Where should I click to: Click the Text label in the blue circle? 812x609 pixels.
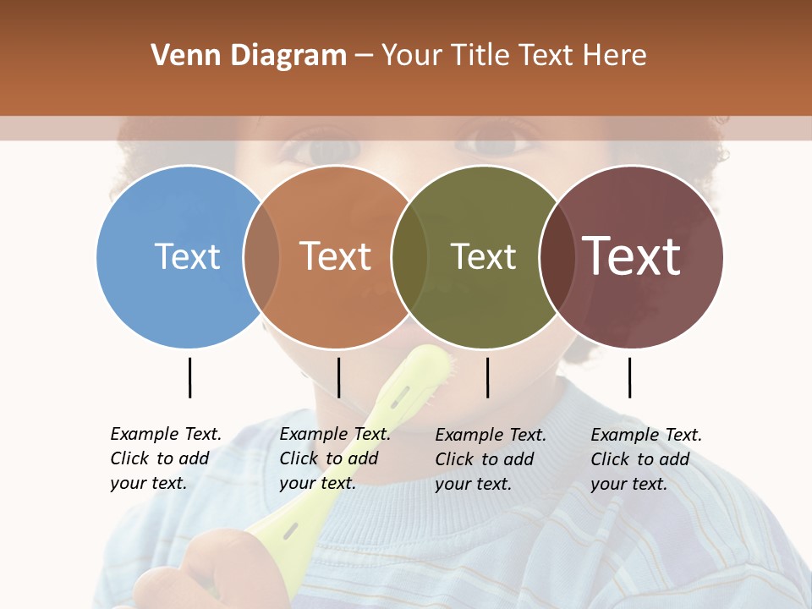tap(187, 256)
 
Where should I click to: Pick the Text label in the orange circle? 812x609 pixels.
tap(335, 256)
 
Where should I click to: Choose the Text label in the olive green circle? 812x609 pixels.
tap(483, 256)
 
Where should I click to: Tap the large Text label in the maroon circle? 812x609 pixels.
tap(632, 255)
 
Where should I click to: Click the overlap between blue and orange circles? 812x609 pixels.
tap(261, 256)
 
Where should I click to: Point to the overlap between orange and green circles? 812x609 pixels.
tap(409, 256)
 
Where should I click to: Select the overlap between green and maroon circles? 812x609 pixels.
tap(557, 256)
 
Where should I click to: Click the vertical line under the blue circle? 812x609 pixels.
tap(189, 377)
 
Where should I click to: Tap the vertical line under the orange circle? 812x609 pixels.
tap(338, 377)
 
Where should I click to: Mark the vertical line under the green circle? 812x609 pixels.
tap(487, 377)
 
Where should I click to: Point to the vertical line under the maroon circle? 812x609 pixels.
tap(629, 377)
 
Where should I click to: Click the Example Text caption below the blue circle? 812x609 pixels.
tap(165, 458)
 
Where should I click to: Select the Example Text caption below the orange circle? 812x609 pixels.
tap(334, 458)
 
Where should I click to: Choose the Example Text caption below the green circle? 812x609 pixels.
tap(490, 459)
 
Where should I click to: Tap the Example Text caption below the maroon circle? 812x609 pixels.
tap(645, 459)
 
